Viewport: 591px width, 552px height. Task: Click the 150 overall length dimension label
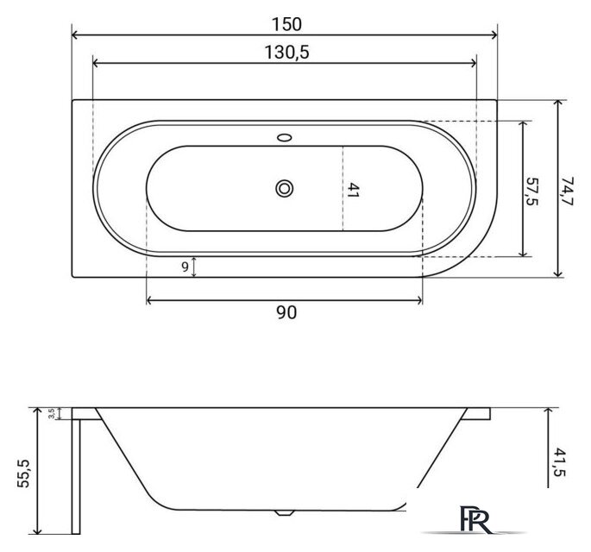pyautogui.click(x=286, y=24)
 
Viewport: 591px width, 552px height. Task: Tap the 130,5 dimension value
pyautogui.click(x=286, y=53)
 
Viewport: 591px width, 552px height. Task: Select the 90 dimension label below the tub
pyautogui.click(x=286, y=312)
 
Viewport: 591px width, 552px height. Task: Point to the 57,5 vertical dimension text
pyautogui.click(x=531, y=191)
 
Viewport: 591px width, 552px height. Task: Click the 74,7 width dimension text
pyautogui.click(x=566, y=191)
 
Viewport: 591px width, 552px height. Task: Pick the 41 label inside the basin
pyautogui.click(x=352, y=191)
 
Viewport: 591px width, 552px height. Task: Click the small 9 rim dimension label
pyautogui.click(x=185, y=267)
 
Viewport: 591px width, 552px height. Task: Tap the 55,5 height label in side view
pyautogui.click(x=24, y=474)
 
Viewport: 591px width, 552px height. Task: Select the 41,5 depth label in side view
pyautogui.click(x=560, y=462)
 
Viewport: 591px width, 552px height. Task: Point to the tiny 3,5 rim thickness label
pyautogui.click(x=52, y=413)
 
